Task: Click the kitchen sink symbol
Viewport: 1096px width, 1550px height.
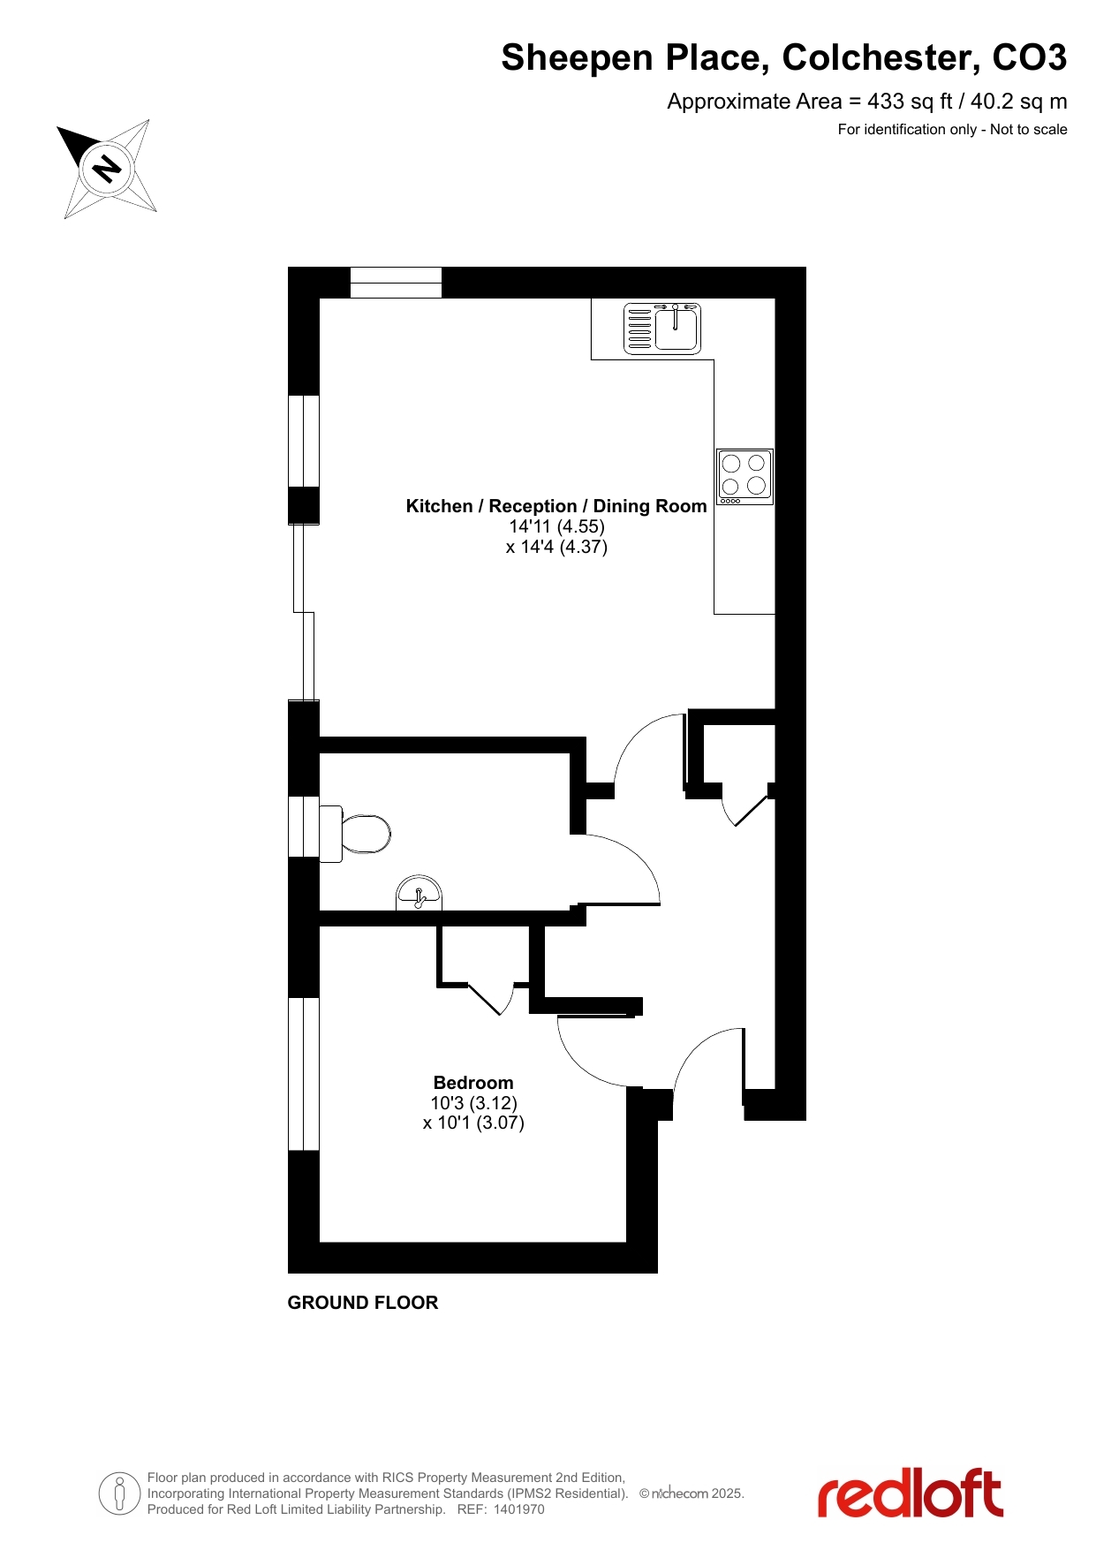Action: click(662, 328)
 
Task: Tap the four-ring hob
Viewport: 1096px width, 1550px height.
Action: click(745, 477)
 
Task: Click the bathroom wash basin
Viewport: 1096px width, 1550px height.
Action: click(419, 893)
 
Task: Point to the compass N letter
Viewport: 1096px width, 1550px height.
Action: click(108, 168)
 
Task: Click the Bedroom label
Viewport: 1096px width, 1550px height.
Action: click(473, 1083)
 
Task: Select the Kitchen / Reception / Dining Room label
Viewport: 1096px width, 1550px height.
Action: click(556, 506)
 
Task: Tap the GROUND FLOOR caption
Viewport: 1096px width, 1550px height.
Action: click(363, 1303)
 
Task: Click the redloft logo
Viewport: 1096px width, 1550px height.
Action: click(910, 1494)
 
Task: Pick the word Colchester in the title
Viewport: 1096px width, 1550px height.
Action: click(881, 57)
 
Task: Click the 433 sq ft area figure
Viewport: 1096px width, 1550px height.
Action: click(910, 102)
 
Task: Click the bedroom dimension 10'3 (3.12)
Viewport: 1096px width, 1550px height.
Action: click(474, 1103)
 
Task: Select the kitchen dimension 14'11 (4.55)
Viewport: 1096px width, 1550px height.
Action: click(556, 526)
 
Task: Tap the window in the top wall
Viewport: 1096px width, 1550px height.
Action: click(396, 283)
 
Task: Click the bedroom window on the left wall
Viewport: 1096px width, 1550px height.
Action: click(304, 1074)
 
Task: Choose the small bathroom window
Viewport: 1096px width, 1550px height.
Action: click(304, 827)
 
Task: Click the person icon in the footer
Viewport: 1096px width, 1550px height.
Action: click(119, 1493)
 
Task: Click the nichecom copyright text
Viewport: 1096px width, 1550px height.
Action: click(692, 1493)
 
